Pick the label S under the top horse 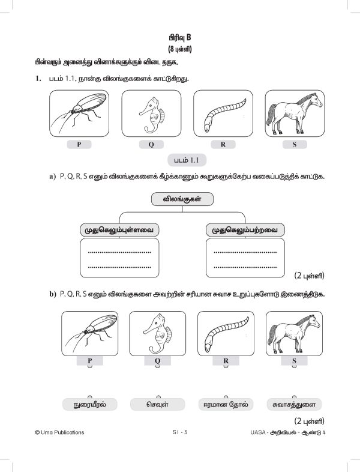click(x=295, y=145)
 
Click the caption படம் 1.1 click(x=186, y=160)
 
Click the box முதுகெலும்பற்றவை click(x=245, y=230)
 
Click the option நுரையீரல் click(x=91, y=404)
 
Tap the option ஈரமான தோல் click(x=226, y=404)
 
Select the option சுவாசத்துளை click(x=294, y=404)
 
